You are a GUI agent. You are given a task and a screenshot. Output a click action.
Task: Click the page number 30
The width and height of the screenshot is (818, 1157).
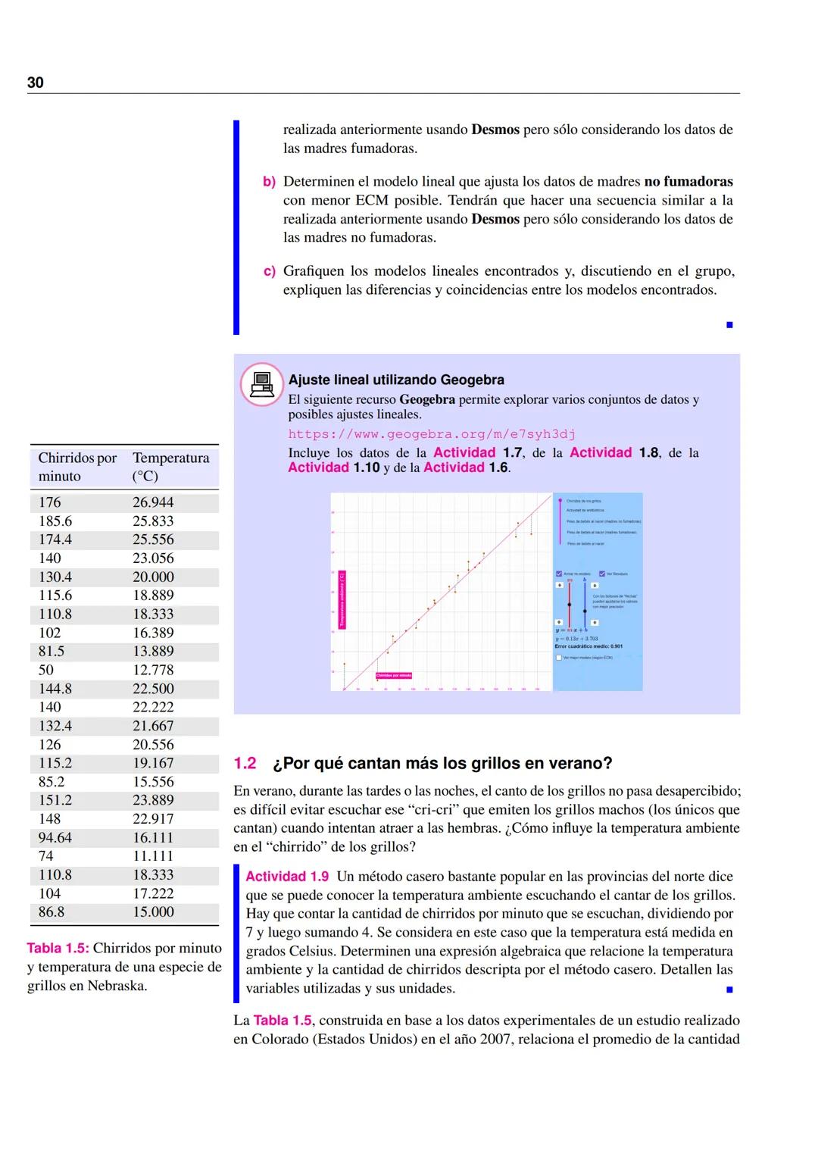click(36, 83)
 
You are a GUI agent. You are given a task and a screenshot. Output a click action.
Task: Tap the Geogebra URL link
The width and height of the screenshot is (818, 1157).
click(431, 434)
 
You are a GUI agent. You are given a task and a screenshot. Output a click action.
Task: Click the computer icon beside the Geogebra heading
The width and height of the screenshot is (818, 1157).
click(261, 384)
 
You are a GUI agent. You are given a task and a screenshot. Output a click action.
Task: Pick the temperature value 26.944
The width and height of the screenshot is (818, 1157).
click(153, 502)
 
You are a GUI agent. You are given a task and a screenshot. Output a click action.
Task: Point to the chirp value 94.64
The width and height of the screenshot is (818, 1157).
click(55, 837)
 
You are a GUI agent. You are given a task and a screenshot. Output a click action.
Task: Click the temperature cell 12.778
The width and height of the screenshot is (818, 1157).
click(153, 670)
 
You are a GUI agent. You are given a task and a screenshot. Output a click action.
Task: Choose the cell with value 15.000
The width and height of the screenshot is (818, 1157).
click(153, 912)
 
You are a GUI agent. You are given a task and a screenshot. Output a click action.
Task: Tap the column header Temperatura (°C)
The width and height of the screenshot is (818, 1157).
click(170, 467)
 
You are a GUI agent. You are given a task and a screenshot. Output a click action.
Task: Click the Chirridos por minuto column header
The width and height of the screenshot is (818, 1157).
click(77, 467)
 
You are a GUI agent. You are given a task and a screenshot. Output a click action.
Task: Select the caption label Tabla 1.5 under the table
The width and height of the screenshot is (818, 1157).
click(58, 949)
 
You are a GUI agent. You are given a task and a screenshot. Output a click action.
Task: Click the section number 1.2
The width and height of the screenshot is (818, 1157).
click(245, 764)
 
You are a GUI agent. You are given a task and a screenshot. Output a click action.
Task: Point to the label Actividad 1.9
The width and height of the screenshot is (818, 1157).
click(287, 877)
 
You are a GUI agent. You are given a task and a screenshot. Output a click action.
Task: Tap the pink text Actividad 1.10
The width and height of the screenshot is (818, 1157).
click(333, 467)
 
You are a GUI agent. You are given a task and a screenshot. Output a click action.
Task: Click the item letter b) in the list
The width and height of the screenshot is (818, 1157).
click(269, 182)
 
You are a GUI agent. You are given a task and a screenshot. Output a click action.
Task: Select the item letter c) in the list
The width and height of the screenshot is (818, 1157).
click(269, 271)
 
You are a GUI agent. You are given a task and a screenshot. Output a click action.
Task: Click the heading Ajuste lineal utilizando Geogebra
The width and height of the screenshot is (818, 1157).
click(396, 380)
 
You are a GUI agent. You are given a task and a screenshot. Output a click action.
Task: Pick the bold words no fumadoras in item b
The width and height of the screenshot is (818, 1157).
click(688, 182)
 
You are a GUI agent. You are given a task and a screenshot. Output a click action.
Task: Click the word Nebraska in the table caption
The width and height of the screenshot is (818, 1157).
click(117, 986)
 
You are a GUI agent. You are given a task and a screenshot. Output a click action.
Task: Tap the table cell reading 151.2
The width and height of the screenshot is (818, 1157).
click(55, 800)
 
